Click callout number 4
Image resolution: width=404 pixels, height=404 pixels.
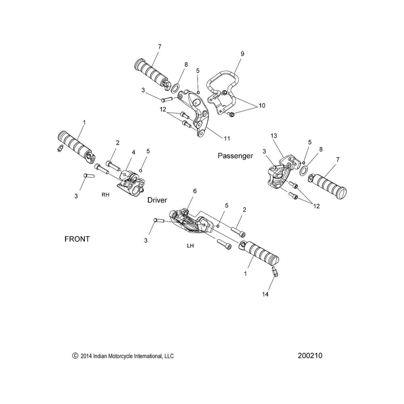(x=133, y=152)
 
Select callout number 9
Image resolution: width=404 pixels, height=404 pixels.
(x=242, y=53)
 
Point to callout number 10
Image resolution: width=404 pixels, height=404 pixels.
(x=261, y=105)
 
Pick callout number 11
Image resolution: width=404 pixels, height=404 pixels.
(x=227, y=138)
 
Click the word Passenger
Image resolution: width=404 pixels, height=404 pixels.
(x=235, y=156)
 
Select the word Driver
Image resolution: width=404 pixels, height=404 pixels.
(x=157, y=200)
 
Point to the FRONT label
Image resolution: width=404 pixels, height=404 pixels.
(x=77, y=239)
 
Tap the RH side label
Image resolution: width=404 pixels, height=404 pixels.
(x=105, y=194)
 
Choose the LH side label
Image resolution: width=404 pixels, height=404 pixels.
(x=191, y=245)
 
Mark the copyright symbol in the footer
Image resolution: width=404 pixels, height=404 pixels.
(x=74, y=356)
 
